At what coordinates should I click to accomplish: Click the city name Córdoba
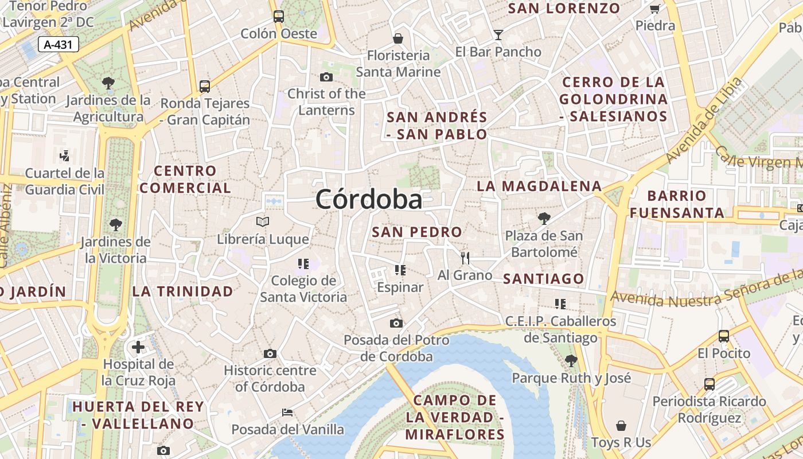pos(369,200)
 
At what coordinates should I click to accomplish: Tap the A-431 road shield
pos(59,44)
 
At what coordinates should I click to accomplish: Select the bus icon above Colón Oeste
pos(279,16)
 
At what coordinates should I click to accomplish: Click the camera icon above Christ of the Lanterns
pos(326,77)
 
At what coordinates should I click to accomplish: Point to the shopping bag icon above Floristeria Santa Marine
pos(398,38)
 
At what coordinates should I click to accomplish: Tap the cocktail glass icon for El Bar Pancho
pos(498,35)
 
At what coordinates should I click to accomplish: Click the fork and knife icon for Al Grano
pos(465,258)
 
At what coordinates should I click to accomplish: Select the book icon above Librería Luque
pos(263,221)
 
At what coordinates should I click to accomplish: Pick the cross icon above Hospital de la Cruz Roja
pos(138,347)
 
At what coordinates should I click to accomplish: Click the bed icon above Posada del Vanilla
pos(287,413)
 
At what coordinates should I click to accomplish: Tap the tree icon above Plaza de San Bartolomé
pos(544,219)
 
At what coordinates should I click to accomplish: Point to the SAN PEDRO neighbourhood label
pos(417,232)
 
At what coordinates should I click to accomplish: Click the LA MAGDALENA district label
pos(539,186)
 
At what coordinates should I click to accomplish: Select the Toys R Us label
pos(621,442)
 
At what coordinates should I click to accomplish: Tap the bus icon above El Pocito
pos(724,336)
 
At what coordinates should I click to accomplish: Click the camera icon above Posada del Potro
pos(396,323)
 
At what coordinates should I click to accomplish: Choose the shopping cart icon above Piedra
pos(655,9)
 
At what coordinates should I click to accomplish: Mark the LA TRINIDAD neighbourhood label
pos(183,291)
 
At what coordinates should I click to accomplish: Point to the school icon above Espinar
pos(400,270)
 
